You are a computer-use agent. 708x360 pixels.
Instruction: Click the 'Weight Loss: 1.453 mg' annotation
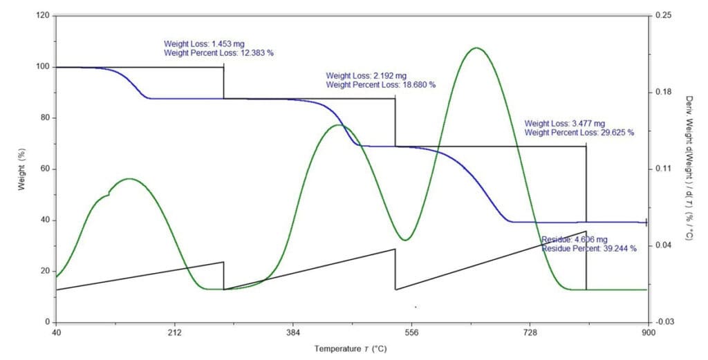pyautogui.click(x=204, y=44)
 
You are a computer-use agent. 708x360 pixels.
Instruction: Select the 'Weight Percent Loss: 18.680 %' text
pyautogui.click(x=381, y=84)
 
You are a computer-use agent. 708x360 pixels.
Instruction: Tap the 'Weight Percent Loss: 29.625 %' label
pyautogui.click(x=579, y=133)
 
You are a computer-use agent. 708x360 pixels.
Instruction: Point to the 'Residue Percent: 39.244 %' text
pyautogui.click(x=589, y=248)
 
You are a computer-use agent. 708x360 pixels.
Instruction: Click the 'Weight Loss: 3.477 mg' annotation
pyautogui.click(x=564, y=124)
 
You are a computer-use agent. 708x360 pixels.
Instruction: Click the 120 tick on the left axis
pyautogui.click(x=44, y=16)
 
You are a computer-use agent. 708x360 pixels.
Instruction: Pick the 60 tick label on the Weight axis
pyautogui.click(x=46, y=169)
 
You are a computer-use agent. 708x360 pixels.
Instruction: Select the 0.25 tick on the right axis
pyautogui.click(x=660, y=16)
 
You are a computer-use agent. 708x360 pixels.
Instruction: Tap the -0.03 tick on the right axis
pyautogui.click(x=662, y=322)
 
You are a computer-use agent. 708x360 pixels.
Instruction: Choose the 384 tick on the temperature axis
pyautogui.click(x=293, y=333)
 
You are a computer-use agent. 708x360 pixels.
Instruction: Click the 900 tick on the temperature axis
pyautogui.click(x=649, y=333)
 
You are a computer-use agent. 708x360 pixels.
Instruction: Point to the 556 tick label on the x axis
pyautogui.click(x=411, y=333)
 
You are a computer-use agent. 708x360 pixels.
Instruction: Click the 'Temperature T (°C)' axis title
pyautogui.click(x=351, y=349)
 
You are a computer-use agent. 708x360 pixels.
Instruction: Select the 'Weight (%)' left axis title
pyautogui.click(x=21, y=169)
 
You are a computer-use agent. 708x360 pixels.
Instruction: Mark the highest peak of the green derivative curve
pyautogui.click(x=476, y=48)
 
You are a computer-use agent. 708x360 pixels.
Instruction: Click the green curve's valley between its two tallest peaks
pyautogui.click(x=405, y=240)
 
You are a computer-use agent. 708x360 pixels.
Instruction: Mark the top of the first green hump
pyautogui.click(x=129, y=179)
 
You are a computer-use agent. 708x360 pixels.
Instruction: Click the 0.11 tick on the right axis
pyautogui.click(x=660, y=169)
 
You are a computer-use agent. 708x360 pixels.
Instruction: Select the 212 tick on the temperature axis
pyautogui.click(x=175, y=333)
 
